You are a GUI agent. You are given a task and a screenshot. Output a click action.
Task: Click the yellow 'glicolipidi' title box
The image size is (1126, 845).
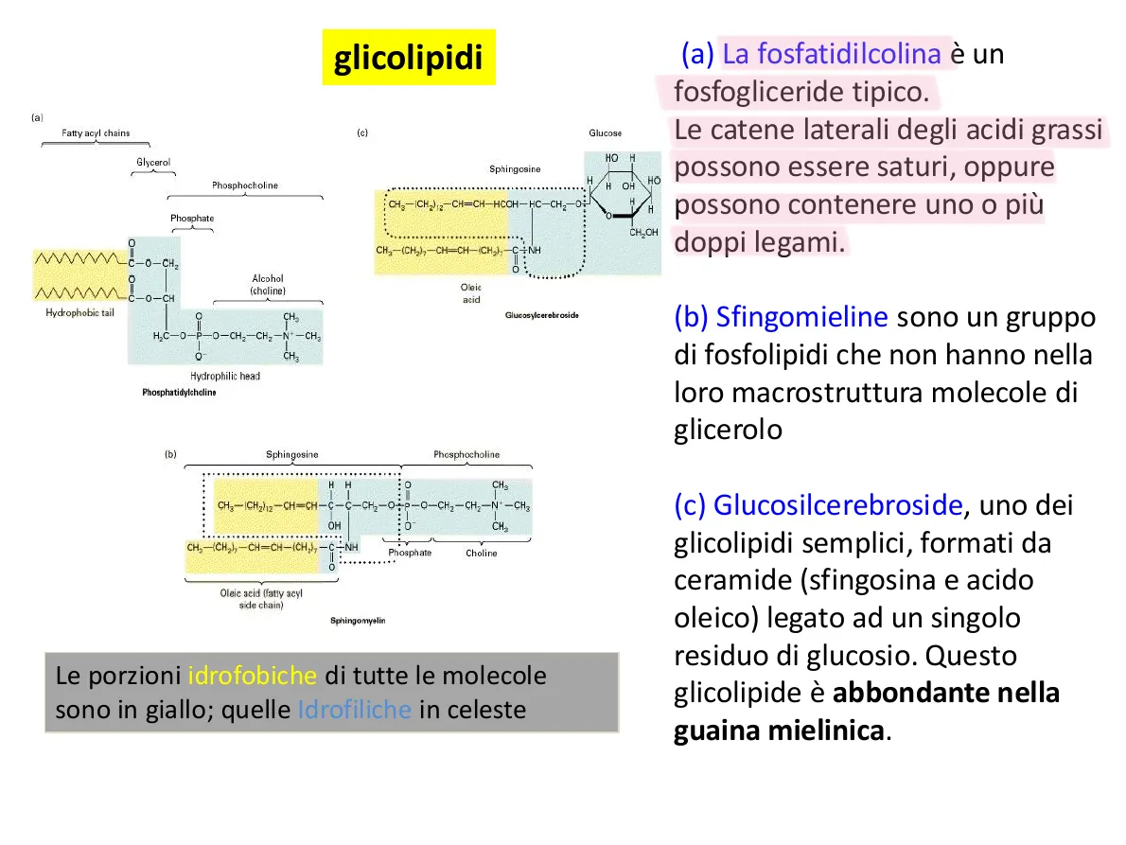(x=408, y=58)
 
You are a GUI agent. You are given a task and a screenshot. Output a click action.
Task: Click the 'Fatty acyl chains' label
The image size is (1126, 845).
(x=96, y=133)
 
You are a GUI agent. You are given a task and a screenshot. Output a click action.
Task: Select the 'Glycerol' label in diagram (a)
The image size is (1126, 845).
(x=153, y=163)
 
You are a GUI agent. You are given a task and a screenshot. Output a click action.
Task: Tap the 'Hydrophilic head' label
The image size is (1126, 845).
(x=224, y=376)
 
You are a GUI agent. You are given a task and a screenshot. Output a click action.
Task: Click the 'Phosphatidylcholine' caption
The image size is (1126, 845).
(x=179, y=392)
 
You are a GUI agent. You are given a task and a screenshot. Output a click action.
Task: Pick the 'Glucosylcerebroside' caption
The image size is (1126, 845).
(x=542, y=314)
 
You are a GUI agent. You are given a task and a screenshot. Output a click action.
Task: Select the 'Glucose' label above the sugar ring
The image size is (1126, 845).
(x=606, y=133)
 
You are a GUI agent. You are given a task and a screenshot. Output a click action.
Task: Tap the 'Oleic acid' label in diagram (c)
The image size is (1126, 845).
(x=471, y=292)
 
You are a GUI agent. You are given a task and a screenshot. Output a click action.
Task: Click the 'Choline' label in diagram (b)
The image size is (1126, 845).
(x=481, y=553)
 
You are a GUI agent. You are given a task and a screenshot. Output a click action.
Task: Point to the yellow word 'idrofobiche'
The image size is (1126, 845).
(x=252, y=677)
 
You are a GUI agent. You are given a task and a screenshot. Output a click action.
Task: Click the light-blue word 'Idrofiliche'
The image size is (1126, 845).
(x=355, y=710)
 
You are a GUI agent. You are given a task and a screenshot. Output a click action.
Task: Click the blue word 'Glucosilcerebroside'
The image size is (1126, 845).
(x=837, y=505)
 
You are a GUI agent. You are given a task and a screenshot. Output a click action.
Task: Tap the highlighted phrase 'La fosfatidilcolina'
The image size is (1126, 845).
(x=832, y=54)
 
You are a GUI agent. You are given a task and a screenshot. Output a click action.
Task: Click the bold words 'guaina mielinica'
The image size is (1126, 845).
(x=781, y=731)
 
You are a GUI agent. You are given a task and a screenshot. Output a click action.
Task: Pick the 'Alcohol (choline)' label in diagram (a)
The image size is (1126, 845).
(x=268, y=285)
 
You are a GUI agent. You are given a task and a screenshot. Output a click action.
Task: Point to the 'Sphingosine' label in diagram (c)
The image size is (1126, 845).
(x=515, y=169)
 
